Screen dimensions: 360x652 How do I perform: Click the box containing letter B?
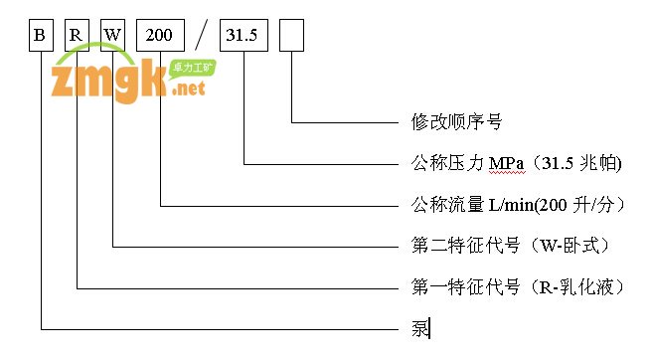point(41,36)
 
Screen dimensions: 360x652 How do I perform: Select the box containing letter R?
point(77,36)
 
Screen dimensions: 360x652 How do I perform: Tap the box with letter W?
point(113,36)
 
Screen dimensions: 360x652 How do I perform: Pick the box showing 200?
point(159,36)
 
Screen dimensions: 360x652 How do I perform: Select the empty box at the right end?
point(292,36)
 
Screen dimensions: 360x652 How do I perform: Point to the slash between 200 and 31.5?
point(202,37)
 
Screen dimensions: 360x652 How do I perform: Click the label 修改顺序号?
point(457,122)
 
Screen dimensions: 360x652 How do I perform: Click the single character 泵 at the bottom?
point(419,327)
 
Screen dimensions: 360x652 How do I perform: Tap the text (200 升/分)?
point(584,204)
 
